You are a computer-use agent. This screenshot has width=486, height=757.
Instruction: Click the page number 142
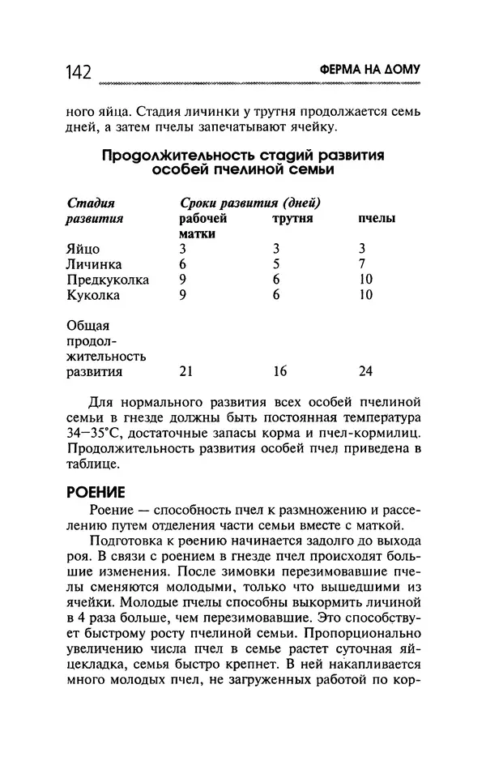79,72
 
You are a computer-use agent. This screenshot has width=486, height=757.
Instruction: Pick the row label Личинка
94,264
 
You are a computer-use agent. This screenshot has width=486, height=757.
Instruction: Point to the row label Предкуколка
107,280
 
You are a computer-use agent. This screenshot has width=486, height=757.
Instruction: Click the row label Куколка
92,295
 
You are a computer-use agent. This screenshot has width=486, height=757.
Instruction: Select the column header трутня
292,219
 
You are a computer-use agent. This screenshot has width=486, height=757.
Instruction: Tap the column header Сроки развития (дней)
249,203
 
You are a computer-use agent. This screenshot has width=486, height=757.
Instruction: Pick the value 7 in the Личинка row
363,264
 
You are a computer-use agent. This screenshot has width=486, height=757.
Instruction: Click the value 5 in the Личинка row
276,264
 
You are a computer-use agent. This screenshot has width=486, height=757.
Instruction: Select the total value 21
185,372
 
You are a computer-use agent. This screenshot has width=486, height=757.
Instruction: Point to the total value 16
280,372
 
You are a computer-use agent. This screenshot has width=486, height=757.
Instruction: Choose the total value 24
365,372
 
